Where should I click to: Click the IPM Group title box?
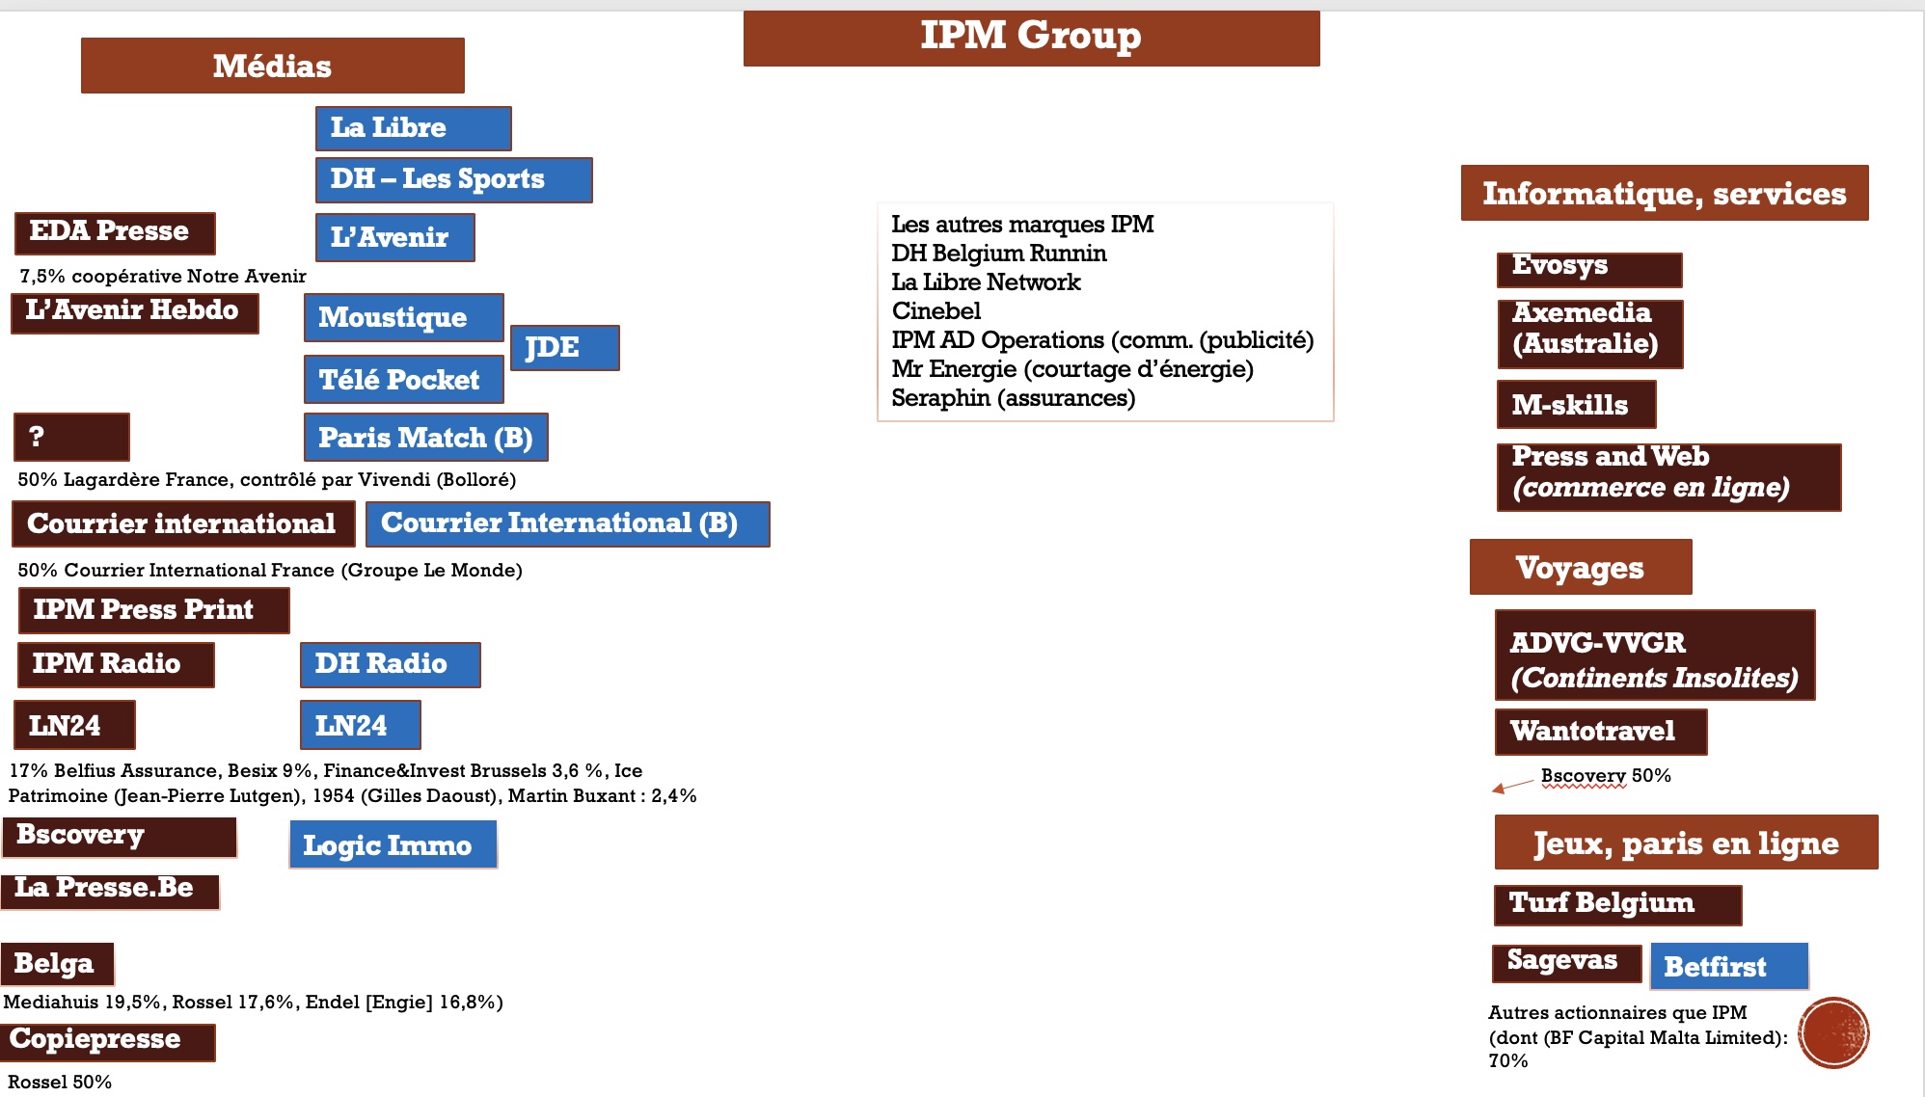click(1031, 38)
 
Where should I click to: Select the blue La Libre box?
click(413, 128)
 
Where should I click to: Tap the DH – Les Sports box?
click(453, 179)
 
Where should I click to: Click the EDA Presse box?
click(115, 232)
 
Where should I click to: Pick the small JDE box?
click(564, 347)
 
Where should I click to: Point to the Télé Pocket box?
click(403, 380)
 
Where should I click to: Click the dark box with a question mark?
click(71, 437)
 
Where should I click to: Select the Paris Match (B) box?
click(425, 438)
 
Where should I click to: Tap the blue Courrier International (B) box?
click(567, 523)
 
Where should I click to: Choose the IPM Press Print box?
click(153, 609)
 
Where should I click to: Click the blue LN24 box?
click(360, 725)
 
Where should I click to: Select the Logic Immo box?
click(393, 844)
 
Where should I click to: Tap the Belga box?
click(57, 963)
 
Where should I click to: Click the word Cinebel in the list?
click(935, 311)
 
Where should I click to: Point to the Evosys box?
click(1588, 269)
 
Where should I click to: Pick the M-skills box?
click(1576, 404)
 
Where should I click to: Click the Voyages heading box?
click(1580, 567)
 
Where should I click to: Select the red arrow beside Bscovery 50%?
click(1511, 786)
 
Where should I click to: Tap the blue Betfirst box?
click(1728, 966)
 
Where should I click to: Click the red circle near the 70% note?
click(1833, 1032)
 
